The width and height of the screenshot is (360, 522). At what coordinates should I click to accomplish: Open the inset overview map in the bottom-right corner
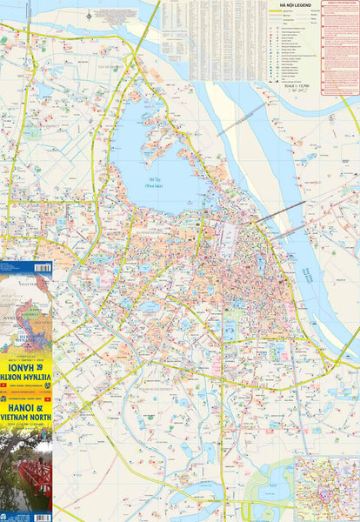[x=326, y=487]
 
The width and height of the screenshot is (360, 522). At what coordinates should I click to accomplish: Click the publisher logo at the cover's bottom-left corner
[x=5, y=517]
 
